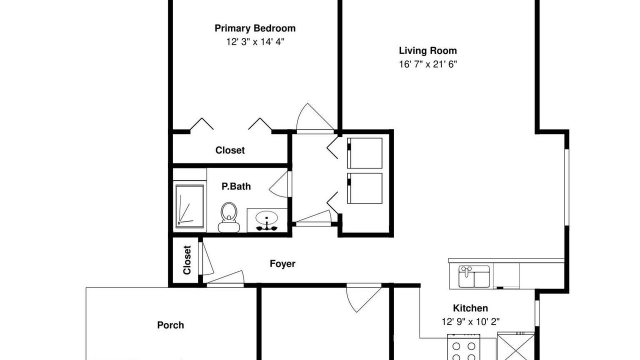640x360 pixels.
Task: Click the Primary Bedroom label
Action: (x=255, y=28)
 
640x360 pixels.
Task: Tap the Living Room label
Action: (x=427, y=50)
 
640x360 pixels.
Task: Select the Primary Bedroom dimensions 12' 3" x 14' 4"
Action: (x=255, y=42)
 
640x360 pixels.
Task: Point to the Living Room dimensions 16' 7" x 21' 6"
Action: (x=427, y=64)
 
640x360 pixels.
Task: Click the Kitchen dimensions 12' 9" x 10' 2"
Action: (x=470, y=321)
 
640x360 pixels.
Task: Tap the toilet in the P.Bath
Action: (x=229, y=217)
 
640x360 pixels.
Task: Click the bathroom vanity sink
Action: (x=266, y=220)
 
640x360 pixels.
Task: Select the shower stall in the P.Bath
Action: (x=189, y=206)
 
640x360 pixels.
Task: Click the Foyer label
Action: (x=282, y=263)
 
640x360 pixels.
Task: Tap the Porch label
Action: (x=170, y=325)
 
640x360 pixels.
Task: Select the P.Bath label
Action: (x=236, y=186)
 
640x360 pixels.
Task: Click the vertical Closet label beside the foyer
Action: (x=187, y=260)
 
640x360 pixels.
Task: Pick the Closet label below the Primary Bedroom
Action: (x=230, y=150)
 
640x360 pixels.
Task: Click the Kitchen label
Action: (x=470, y=308)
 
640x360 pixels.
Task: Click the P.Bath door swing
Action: (x=278, y=184)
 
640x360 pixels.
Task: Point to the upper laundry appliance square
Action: (x=364, y=153)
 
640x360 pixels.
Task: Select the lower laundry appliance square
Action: (x=364, y=188)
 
